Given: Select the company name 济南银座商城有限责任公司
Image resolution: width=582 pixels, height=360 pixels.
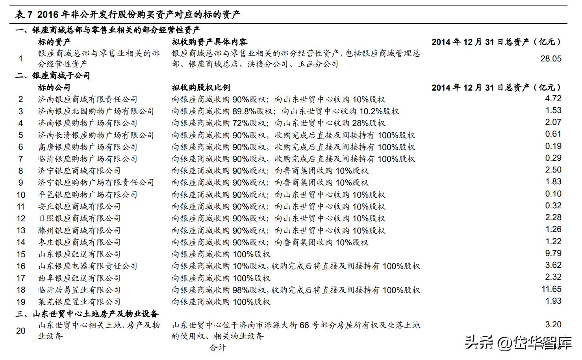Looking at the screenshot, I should point(87,100).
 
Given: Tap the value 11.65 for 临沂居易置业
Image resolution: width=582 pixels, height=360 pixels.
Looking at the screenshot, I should point(551,289).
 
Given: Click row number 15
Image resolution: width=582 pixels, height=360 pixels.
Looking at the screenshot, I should point(21,254).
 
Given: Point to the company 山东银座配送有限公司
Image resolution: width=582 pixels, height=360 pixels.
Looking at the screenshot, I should point(79,254).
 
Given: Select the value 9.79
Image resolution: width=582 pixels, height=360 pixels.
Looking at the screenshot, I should point(553,254).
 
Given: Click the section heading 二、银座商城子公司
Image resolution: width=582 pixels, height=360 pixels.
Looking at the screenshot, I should point(53,76).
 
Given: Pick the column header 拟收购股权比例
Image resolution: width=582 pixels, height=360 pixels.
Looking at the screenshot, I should point(201,87).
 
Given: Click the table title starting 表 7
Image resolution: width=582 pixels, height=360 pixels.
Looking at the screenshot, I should point(127,15).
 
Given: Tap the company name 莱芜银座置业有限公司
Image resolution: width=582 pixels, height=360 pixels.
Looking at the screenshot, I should point(79,302).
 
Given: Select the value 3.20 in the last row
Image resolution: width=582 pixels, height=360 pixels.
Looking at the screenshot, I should point(553,325).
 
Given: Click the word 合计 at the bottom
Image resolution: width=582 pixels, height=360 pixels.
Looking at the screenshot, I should point(218,348).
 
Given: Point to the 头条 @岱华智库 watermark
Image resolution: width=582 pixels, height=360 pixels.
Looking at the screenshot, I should point(517,342).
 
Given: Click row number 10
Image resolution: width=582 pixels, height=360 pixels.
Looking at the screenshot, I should point(21,195).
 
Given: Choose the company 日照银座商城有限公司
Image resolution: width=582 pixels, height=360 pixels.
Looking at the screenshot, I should point(79,219).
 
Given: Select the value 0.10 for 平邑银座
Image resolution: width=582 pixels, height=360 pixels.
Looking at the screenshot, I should point(553,194).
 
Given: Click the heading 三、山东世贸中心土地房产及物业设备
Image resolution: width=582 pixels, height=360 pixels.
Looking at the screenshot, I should point(87,314).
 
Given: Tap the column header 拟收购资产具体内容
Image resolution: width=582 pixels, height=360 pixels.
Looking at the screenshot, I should point(209,42).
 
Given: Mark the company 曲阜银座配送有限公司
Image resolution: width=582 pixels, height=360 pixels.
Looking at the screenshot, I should point(79,278).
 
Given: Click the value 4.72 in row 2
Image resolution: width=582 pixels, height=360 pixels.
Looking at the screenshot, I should point(553,99).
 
